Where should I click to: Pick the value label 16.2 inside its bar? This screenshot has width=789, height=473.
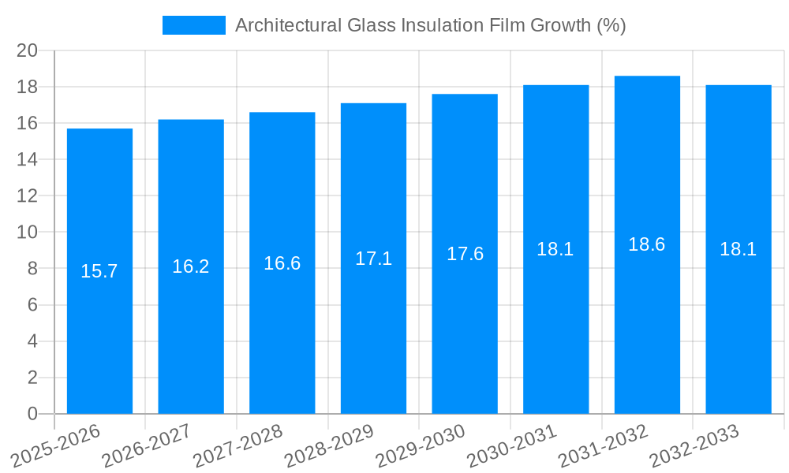[x=191, y=266]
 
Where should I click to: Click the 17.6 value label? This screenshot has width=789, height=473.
[x=465, y=254]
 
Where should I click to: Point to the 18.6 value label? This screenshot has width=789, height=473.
[x=647, y=244]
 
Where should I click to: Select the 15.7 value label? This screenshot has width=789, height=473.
[x=99, y=271]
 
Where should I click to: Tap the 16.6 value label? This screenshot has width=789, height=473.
[x=282, y=263]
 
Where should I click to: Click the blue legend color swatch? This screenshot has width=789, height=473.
[x=193, y=25]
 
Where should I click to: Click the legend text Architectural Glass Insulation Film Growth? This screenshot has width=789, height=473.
[x=430, y=25]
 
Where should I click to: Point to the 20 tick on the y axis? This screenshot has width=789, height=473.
[x=28, y=50]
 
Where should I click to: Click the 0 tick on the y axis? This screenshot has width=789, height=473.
[x=32, y=414]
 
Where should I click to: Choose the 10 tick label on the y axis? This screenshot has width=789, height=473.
[x=28, y=233]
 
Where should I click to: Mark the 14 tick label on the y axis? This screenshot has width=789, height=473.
[x=28, y=160]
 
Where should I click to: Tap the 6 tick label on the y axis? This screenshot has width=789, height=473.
[x=32, y=305]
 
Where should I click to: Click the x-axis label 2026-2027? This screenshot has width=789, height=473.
[x=147, y=445]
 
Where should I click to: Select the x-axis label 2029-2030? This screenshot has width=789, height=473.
[x=421, y=445]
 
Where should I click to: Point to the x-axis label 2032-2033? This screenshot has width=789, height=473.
[x=694, y=445]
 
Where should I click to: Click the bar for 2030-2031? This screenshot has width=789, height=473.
[x=555, y=315]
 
